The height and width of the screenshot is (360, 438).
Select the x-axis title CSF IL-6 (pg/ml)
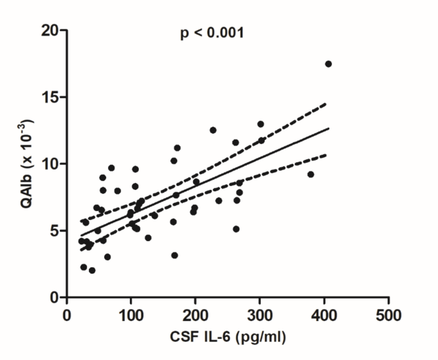(x=228, y=337)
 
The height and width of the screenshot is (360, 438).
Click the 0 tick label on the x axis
(x=67, y=316)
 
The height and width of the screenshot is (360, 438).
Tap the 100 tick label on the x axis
(x=131, y=316)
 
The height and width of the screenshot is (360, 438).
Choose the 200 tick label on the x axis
(x=196, y=316)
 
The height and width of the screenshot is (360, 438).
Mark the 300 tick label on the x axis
(x=260, y=316)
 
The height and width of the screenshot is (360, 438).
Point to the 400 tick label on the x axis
(x=324, y=316)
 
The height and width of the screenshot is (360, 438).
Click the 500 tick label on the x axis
(x=389, y=316)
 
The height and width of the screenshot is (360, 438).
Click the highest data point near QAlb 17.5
(x=328, y=64)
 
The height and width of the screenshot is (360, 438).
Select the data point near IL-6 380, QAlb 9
(x=311, y=175)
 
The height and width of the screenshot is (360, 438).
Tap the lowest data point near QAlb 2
(x=92, y=270)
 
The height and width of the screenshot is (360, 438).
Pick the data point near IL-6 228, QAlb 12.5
(x=213, y=130)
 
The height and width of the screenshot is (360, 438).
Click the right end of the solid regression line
(x=328, y=129)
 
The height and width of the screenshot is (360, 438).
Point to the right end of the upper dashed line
(x=326, y=103)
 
